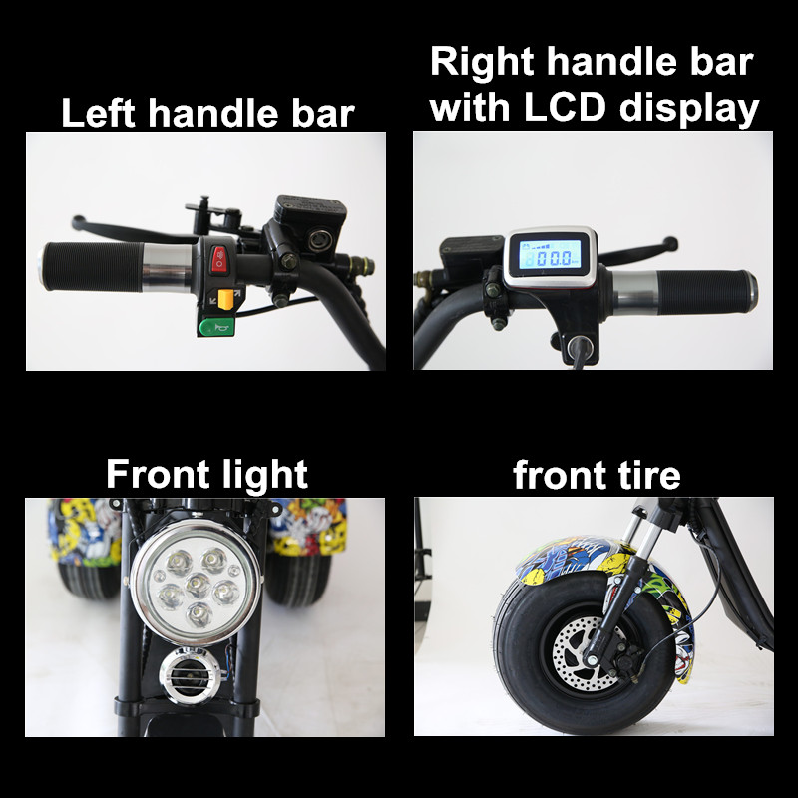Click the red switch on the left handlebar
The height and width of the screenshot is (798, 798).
point(219,260)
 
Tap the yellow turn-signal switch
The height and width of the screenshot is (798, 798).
point(225,298)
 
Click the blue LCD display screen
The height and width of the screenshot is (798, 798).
point(551,255)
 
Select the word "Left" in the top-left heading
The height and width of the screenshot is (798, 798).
point(98,113)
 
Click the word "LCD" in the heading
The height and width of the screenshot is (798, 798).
point(565,107)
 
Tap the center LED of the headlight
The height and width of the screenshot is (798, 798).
point(198,585)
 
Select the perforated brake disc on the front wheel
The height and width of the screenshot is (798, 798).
point(586,654)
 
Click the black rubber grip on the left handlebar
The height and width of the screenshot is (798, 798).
point(92,266)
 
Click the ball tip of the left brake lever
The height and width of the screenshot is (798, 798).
point(78,221)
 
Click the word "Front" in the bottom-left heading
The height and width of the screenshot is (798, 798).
point(153,474)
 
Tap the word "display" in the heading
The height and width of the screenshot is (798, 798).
point(689,108)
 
